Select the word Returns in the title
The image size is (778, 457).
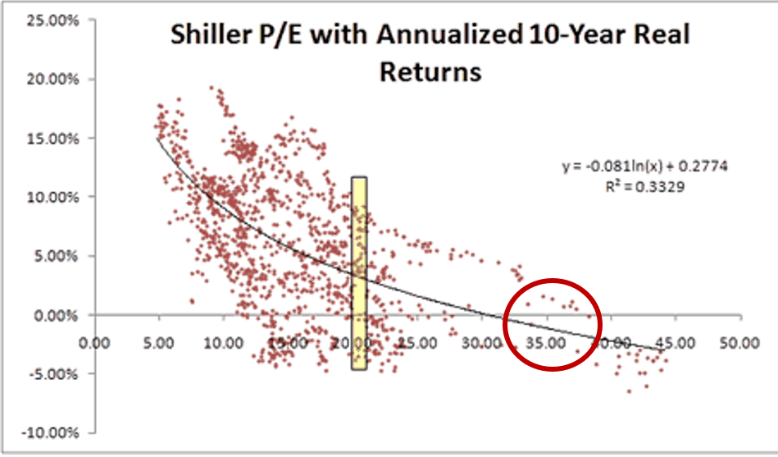[429, 71]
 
